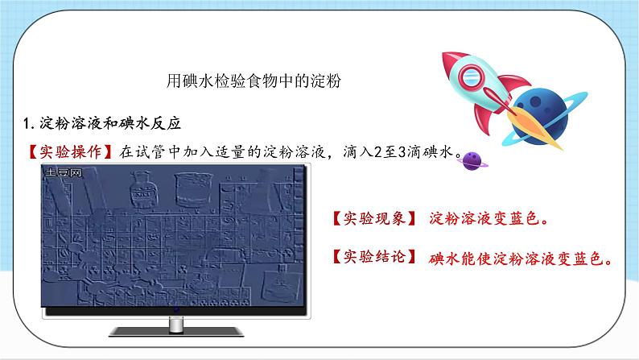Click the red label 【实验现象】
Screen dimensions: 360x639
point(373,219)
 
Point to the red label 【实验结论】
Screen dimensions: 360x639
point(373,258)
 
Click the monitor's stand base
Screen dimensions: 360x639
point(175,329)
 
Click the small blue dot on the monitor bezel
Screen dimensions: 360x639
point(175,309)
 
